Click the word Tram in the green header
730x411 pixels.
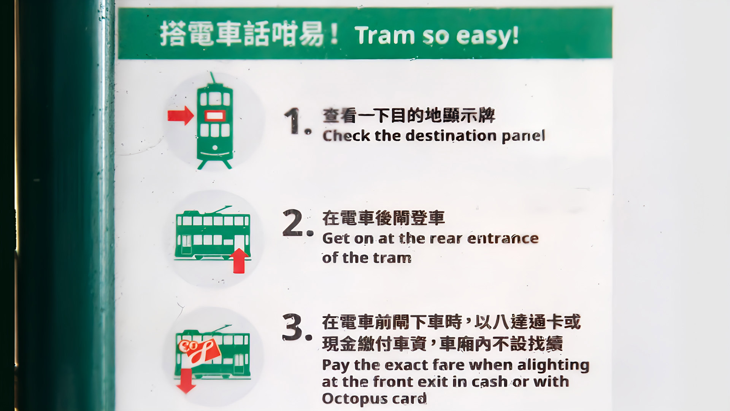(x=385, y=35)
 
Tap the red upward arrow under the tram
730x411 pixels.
(x=240, y=261)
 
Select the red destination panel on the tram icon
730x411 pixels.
(x=215, y=115)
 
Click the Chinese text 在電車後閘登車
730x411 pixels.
(x=383, y=218)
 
